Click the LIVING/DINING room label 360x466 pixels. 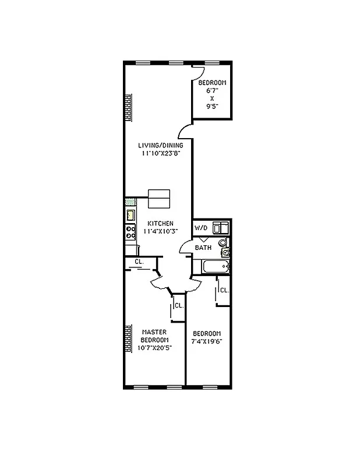(x=160, y=146)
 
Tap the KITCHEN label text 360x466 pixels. (x=160, y=223)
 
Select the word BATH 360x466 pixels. (x=203, y=248)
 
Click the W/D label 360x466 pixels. (x=201, y=228)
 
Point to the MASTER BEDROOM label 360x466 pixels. (x=155, y=336)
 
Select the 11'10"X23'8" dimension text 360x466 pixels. (x=160, y=154)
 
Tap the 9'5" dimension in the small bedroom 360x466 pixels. (x=211, y=107)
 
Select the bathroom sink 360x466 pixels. (x=226, y=252)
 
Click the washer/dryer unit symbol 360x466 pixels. (x=220, y=227)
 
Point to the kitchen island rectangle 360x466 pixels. (x=159, y=199)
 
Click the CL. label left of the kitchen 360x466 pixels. (x=139, y=262)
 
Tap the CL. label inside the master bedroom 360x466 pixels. (x=179, y=305)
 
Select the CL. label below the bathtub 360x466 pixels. (x=224, y=290)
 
